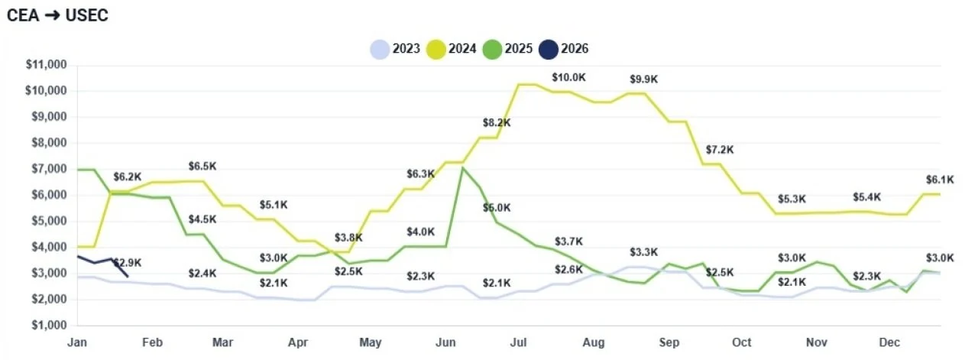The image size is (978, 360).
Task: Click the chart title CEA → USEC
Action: [57, 15]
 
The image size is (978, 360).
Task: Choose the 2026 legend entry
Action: [563, 49]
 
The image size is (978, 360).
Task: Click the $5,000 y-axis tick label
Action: [48, 221]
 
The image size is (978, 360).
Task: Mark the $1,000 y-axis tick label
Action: [48, 325]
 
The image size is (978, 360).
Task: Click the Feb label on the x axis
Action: [152, 342]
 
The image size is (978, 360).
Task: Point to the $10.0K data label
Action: [568, 77]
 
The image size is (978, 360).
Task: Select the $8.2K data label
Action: [497, 122]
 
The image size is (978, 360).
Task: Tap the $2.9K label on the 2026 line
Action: [127, 263]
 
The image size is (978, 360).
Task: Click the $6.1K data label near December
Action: [939, 180]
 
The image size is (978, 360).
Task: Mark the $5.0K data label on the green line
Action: [497, 207]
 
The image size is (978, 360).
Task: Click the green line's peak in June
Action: [463, 167]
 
